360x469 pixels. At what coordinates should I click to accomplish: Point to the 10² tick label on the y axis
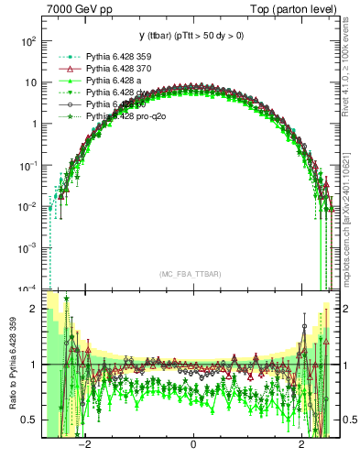point(29,41)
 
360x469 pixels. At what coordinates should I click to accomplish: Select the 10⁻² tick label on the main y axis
point(29,207)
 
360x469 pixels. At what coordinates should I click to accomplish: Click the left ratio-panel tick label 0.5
point(30,420)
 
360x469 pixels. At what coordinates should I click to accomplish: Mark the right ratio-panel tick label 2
point(349,309)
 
